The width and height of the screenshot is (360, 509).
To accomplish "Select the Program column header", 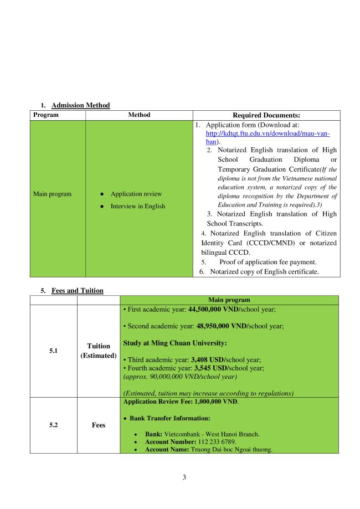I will [x=46, y=115].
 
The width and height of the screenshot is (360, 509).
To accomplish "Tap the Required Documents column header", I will [x=266, y=115].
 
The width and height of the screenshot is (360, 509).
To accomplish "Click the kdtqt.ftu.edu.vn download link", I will [x=268, y=133].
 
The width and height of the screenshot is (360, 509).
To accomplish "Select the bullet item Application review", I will [x=136, y=194].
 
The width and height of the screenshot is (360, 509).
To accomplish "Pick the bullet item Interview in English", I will [x=137, y=207].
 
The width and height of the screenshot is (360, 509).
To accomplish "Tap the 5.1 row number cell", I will [x=54, y=351].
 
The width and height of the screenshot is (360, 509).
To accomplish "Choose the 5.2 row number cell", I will [x=54, y=425].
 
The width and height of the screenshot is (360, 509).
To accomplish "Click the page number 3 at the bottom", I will [x=184, y=478].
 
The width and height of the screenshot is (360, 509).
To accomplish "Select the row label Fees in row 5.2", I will [x=99, y=425].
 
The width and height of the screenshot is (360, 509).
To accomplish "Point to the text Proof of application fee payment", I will [x=268, y=262].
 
